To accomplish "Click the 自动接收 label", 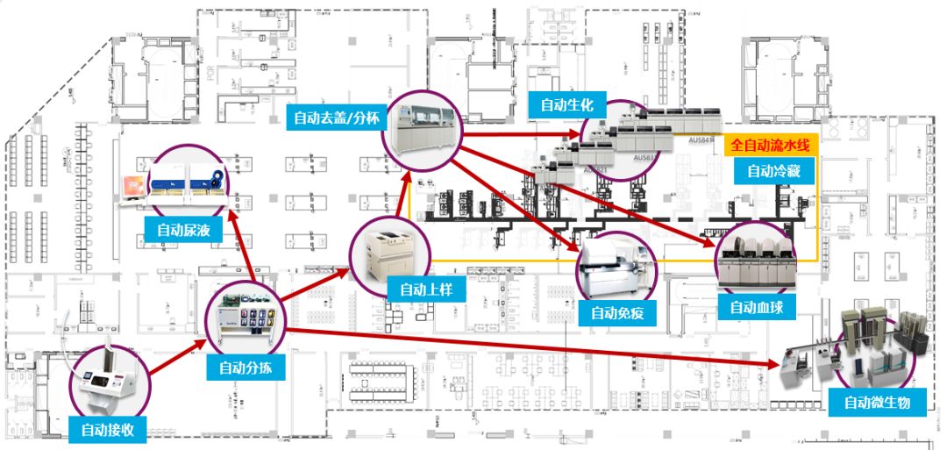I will click(x=106, y=430).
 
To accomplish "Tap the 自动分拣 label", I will click(x=246, y=368).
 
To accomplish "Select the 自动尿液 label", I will click(x=183, y=231).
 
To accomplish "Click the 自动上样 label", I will click(x=425, y=289).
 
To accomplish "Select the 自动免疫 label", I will click(x=617, y=311).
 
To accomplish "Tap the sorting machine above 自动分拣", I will click(x=246, y=317).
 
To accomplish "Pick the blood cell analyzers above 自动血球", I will click(x=756, y=257).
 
